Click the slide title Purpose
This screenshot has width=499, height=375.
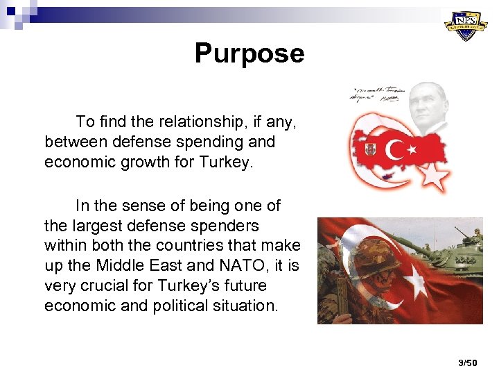coord(249,53)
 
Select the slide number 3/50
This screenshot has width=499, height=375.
coord(468,362)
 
